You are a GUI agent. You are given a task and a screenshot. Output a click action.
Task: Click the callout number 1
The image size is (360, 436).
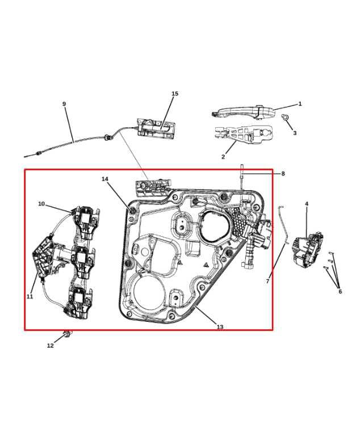[300, 104]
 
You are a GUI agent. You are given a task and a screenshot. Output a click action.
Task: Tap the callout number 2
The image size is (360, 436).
[223, 157]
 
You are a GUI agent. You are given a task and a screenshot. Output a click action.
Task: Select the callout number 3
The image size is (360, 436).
[295, 133]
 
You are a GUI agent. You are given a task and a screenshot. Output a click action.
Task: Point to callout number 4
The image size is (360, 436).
[307, 204]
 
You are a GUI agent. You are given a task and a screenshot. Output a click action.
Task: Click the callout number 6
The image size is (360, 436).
[340, 291]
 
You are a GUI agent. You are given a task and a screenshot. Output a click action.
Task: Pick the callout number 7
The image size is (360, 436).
[268, 281]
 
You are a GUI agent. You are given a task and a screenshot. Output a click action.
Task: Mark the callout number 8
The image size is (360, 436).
[283, 174]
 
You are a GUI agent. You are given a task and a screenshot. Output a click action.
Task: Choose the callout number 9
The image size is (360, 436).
[64, 104]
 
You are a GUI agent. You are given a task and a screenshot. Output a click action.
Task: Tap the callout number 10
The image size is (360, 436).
[41, 204]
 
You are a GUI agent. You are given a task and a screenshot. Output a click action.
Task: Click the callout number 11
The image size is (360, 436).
[30, 296]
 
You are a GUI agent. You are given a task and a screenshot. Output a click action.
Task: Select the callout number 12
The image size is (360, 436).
[51, 345]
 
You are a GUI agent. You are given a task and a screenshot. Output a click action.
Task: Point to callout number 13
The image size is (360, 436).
[220, 327]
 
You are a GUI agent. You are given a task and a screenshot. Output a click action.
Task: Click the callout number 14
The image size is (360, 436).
[105, 179]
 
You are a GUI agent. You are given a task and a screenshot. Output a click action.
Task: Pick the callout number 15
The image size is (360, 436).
[175, 94]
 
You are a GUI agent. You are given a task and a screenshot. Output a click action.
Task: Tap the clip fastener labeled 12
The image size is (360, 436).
[68, 333]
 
